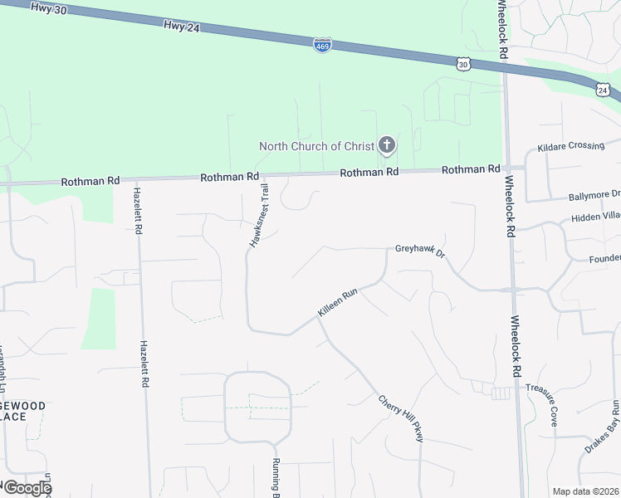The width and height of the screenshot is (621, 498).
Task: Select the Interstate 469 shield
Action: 322,45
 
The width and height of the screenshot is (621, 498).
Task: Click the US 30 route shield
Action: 463,63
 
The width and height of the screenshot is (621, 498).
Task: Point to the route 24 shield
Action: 603,89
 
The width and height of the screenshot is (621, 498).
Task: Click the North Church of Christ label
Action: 317,146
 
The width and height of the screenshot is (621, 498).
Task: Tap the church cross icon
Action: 386,146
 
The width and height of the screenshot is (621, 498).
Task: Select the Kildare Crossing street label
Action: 570,146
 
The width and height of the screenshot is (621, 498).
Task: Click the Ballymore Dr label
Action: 593,197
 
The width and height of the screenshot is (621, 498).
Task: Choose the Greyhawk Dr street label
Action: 420,249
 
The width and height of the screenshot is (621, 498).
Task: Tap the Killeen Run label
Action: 337,302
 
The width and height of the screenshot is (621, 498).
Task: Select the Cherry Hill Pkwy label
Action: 401,417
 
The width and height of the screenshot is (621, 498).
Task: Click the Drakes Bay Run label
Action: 602,427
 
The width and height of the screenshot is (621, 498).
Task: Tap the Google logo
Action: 27,487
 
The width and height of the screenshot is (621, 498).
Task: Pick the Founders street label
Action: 604,257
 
